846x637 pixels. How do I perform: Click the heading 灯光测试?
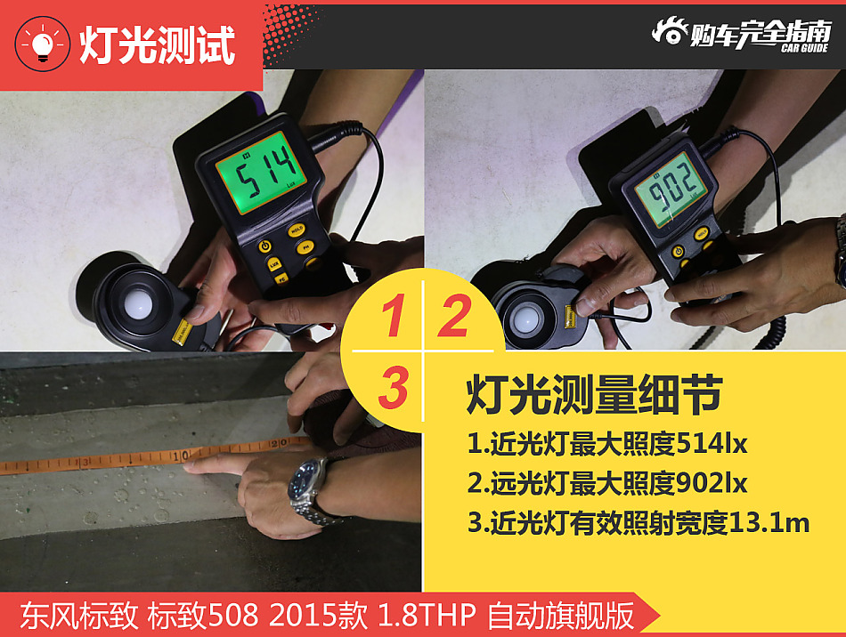[x=157, y=44]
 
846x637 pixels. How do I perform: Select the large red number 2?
[x=454, y=318]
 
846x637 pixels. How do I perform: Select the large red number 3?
[x=393, y=389]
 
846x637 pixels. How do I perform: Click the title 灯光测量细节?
[x=593, y=396]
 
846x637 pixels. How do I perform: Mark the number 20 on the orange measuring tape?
[x=278, y=441]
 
